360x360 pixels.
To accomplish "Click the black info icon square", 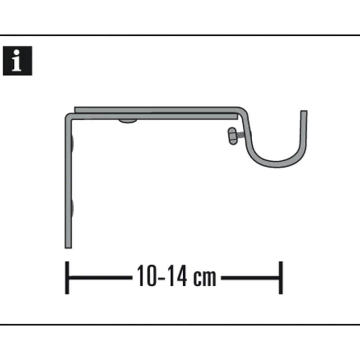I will pos(17,61).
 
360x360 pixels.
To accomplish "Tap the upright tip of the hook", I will pos(304,114).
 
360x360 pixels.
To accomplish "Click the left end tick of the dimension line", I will pos(67,278).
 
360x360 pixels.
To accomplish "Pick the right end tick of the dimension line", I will pos(281,278).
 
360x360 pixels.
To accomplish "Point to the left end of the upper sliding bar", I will pos(76,110).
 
